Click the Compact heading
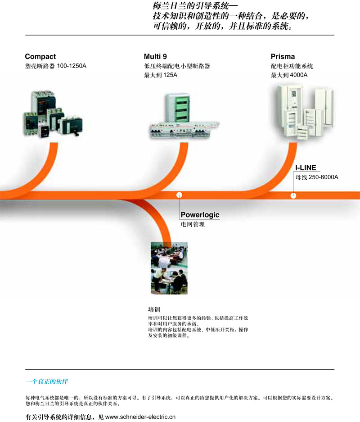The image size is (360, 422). (40, 56)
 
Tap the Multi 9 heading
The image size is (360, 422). (155, 56)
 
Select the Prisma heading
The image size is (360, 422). (283, 56)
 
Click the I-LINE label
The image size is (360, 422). (306, 168)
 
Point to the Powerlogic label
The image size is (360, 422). (200, 215)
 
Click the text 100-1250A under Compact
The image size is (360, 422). (72, 66)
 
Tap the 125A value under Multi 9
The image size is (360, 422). (170, 75)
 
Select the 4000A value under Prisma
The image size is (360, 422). (298, 75)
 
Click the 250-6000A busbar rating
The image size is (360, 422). (324, 177)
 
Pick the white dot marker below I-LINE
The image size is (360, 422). (293, 195)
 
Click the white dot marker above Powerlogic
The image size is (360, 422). (180, 195)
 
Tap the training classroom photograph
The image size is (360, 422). (169, 268)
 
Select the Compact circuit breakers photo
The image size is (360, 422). (53, 114)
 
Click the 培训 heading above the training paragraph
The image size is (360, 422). (154, 309)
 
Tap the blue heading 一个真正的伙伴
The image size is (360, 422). (47, 381)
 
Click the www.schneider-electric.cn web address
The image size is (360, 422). (140, 417)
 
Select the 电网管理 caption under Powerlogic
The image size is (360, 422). (193, 224)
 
